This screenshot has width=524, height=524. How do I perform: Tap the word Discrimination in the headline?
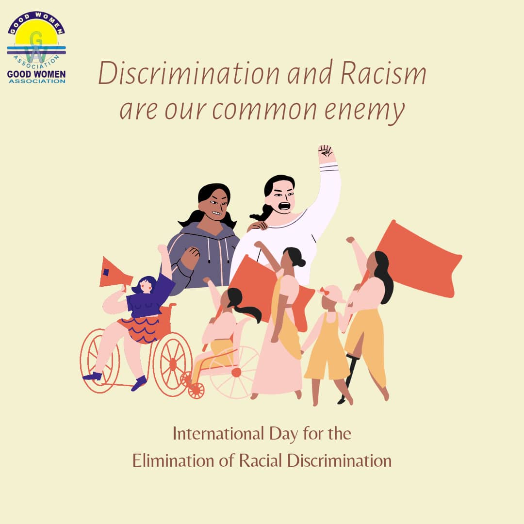[x=189, y=74]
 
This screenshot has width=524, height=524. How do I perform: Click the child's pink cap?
[x=331, y=294]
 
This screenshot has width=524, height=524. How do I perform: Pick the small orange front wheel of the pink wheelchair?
[x=196, y=390]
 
